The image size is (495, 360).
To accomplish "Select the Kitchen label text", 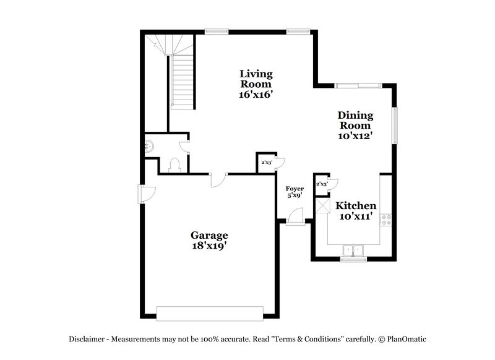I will pyautogui.click(x=356, y=206).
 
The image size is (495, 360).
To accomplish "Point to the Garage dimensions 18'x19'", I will pyautogui.click(x=209, y=246).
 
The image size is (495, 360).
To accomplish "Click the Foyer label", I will pyautogui.click(x=294, y=188).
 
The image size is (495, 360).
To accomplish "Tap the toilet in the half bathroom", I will pyautogui.click(x=174, y=164).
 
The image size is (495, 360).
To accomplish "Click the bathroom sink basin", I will pyautogui.click(x=148, y=146).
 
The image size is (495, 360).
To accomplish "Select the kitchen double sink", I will pyautogui.click(x=353, y=249).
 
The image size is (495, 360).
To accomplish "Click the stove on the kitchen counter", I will pyautogui.click(x=387, y=218).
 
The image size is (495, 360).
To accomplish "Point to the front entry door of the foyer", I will pyautogui.click(x=295, y=216).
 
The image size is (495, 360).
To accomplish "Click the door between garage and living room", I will pyautogui.click(x=217, y=179).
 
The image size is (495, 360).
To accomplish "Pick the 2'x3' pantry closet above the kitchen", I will pyautogui.click(x=322, y=184).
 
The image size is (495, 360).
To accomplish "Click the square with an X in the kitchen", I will pyautogui.click(x=322, y=205).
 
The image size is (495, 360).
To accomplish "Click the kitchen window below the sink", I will pyautogui.click(x=353, y=259).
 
